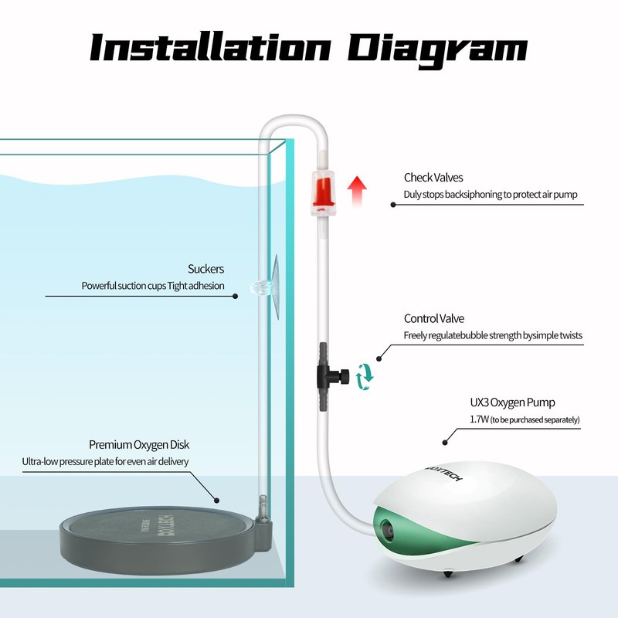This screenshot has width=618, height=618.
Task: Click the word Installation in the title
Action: point(210,47)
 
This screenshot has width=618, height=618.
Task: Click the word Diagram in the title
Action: point(437,50)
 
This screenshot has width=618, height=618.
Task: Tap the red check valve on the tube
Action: point(324,192)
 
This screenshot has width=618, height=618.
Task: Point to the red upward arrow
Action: point(357,191)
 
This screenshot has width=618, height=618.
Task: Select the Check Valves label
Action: point(433,178)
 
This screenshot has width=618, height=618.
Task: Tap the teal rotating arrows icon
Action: point(365,377)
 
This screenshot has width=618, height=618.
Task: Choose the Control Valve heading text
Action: point(433,318)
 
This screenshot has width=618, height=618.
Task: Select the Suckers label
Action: point(205,269)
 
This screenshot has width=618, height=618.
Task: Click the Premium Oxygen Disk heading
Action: point(139,445)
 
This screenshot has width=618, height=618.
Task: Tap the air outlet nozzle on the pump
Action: point(388,530)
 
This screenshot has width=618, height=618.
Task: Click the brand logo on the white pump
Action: point(444,473)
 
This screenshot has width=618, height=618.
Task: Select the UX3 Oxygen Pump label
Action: point(512,402)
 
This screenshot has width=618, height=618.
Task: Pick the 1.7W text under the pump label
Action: point(479,419)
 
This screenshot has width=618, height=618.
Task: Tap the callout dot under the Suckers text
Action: point(236,296)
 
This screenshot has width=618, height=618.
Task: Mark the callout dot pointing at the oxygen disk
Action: point(216,500)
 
